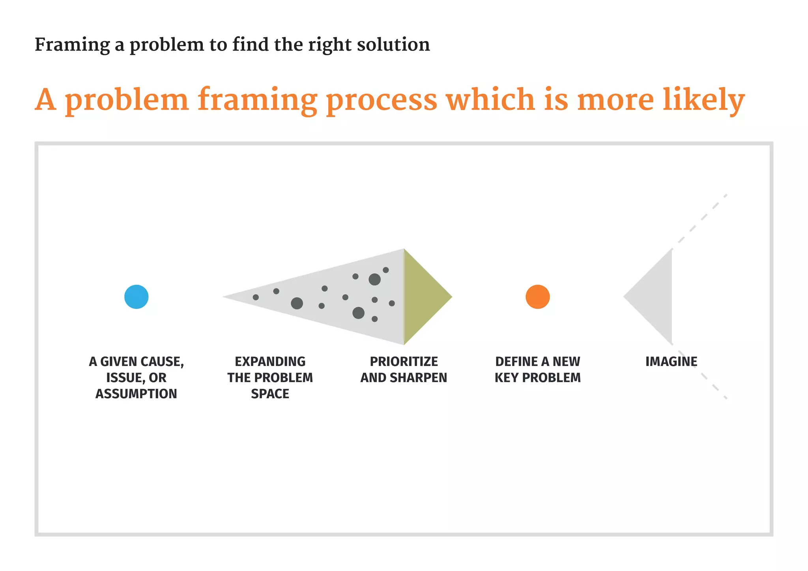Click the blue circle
coord(136,297)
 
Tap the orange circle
coord(537,297)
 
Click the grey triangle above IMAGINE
coord(655,297)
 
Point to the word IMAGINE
coord(671,361)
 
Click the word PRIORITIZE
coord(404,361)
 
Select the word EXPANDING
coord(270,361)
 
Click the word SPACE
coord(270,394)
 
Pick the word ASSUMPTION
coord(136,394)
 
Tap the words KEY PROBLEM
coord(537,377)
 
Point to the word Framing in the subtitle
coord(72,45)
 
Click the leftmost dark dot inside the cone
coord(256,297)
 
